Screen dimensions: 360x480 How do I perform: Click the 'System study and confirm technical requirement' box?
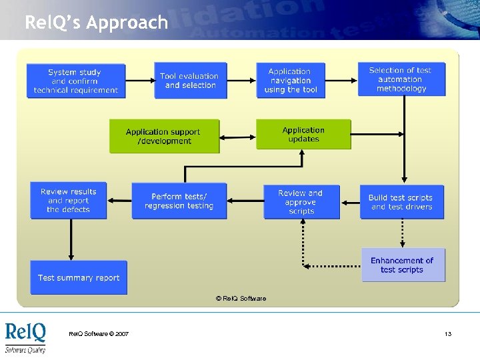pyautogui.click(x=75, y=81)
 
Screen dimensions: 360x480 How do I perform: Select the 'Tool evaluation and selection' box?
pyautogui.click(x=191, y=81)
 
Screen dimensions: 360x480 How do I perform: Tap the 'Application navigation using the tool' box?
pyautogui.click(x=291, y=81)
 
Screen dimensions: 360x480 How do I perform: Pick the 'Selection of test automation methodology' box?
pyautogui.click(x=401, y=79)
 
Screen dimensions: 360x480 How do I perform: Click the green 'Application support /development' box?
pyautogui.click(x=164, y=136)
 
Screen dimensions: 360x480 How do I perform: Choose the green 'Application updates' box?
pyautogui.click(x=303, y=135)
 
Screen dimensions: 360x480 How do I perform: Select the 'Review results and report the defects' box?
pyautogui.click(x=69, y=201)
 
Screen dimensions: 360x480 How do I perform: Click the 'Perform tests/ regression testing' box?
pyautogui.click(x=179, y=201)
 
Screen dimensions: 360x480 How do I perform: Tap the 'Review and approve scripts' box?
pyautogui.click(x=301, y=202)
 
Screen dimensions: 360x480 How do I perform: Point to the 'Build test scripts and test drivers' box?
pyautogui.click(x=401, y=202)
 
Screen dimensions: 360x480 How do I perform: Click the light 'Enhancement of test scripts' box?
pyautogui.click(x=403, y=265)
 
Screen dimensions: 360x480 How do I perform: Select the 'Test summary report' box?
pyautogui.click(x=79, y=277)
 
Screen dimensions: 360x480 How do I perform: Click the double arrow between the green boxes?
pyautogui.click(x=238, y=137)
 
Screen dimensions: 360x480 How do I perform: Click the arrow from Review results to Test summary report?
pyautogui.click(x=70, y=239)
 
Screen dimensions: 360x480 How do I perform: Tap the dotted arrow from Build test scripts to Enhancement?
pyautogui.click(x=402, y=233)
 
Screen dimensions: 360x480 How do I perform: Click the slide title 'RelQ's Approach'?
pyautogui.click(x=96, y=23)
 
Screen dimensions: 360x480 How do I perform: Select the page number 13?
pyautogui.click(x=448, y=334)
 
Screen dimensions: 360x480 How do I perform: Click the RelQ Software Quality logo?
pyautogui.click(x=26, y=337)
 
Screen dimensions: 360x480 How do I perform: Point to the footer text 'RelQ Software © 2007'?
pyautogui.click(x=99, y=334)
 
